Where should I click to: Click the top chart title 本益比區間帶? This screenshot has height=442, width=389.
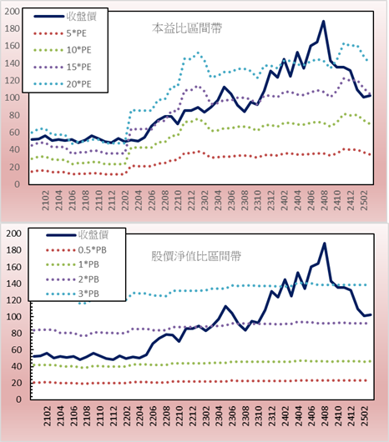point(187,28)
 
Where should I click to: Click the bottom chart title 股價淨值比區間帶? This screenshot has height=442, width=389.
point(196,256)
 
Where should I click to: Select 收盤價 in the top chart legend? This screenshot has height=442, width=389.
point(82,17)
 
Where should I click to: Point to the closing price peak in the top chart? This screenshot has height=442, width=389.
point(324,21)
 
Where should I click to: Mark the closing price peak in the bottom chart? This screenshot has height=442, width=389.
point(325,244)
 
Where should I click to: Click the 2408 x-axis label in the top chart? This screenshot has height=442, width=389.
point(324,200)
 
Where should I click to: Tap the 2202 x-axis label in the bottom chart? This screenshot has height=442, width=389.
point(127,416)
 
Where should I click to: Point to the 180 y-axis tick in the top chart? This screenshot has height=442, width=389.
point(12,28)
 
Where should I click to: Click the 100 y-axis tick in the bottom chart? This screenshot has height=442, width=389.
point(13,317)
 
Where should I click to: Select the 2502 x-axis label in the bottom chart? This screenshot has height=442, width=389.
point(366,416)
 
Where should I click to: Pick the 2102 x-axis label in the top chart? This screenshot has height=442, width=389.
point(45,200)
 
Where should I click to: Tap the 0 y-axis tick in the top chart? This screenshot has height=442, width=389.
point(18,184)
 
